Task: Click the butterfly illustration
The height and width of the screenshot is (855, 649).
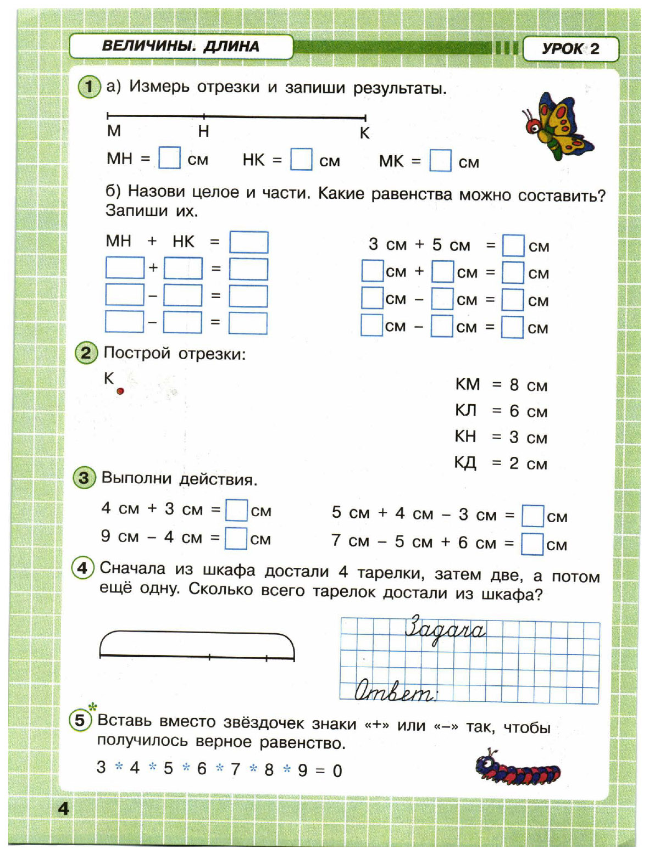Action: tap(557, 126)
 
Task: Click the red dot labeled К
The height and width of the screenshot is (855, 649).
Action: tap(120, 391)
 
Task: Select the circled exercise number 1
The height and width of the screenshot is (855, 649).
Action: tap(89, 87)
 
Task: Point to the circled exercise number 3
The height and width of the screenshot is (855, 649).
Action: tap(84, 478)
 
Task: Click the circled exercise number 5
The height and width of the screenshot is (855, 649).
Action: tap(80, 720)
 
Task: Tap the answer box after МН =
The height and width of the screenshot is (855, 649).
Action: tap(169, 158)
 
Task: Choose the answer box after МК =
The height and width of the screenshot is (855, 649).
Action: tap(440, 161)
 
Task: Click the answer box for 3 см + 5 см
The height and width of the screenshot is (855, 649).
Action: tap(513, 245)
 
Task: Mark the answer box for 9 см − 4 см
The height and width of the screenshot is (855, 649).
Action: tap(236, 538)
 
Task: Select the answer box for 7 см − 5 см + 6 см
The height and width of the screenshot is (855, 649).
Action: tap(532, 544)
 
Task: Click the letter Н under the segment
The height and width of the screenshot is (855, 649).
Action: tap(203, 131)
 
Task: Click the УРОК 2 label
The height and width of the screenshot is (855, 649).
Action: tap(570, 49)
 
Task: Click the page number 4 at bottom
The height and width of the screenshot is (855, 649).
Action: tap(64, 808)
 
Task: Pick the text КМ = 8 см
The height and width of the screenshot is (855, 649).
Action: tap(501, 385)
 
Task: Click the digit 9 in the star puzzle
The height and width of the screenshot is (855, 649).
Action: tap(303, 770)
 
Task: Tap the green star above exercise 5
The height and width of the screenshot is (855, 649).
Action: tap(93, 707)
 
